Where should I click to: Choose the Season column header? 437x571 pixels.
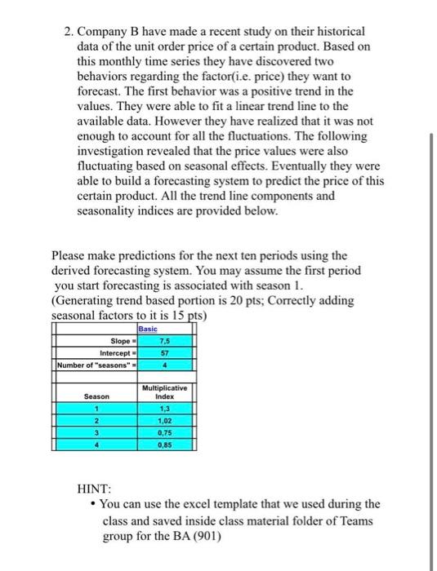(96, 397)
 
